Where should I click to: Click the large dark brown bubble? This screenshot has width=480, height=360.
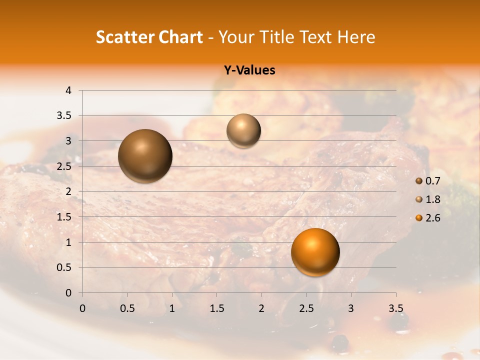coord(145,156)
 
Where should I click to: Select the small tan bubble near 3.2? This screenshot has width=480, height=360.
coord(243,131)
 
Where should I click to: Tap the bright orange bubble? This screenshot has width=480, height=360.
coord(315,252)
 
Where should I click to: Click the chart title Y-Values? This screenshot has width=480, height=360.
coord(249,70)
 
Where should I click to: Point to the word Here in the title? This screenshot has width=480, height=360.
coord(355,37)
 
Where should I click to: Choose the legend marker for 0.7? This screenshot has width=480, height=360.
coord(419,180)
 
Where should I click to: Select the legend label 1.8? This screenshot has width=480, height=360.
coord(432,199)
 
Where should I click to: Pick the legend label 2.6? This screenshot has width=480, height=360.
coord(432,218)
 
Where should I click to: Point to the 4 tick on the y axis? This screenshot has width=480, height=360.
coord(69,90)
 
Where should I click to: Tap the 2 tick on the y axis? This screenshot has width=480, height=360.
coord(69,191)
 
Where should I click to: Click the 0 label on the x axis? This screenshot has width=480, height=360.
coord(82,308)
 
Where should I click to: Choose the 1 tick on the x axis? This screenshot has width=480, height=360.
coord(172,308)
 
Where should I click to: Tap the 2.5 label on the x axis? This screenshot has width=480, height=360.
coord(306,308)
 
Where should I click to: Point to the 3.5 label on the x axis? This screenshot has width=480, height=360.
coord(395,308)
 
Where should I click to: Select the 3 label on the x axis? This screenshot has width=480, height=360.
coord(351,308)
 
